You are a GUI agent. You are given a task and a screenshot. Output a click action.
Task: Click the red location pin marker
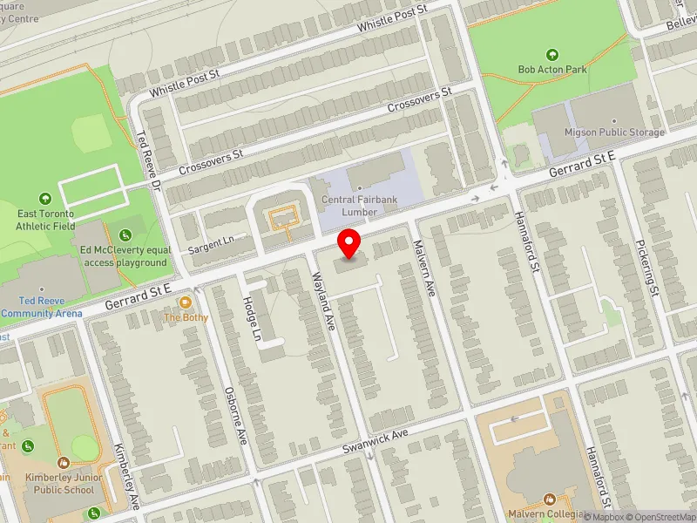[x=350, y=243]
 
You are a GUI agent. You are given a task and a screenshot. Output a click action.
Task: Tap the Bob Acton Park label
[x=552, y=69]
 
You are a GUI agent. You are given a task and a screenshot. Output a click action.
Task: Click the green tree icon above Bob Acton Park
[x=552, y=54]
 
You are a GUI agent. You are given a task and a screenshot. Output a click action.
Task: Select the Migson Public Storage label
[x=614, y=132]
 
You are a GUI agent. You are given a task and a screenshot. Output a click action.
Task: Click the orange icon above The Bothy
[x=186, y=302]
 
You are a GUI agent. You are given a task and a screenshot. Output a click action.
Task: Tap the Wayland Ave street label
[x=323, y=302]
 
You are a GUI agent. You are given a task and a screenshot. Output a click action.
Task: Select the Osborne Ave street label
[x=236, y=415]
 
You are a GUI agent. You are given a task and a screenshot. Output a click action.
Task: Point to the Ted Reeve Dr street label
[x=149, y=162]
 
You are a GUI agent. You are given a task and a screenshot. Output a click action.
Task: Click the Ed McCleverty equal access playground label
[x=123, y=255]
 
